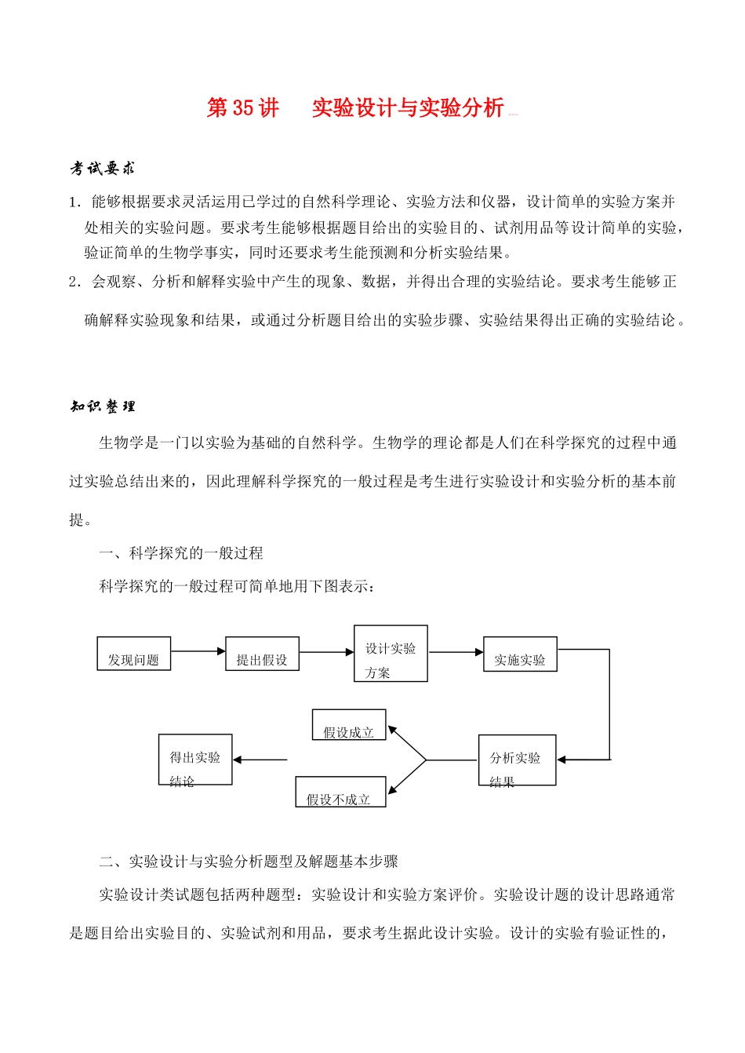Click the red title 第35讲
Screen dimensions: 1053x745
tap(242, 108)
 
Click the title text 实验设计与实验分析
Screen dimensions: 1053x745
tap(408, 108)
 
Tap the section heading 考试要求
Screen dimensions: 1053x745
tap(103, 168)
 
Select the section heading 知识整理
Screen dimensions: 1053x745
tap(103, 406)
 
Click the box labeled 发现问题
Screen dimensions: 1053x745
tap(133, 654)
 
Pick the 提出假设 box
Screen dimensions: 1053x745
tap(262, 654)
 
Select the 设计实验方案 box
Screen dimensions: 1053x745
tap(391, 654)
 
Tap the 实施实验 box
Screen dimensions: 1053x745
tap(520, 654)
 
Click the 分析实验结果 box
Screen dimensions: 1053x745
tap(517, 760)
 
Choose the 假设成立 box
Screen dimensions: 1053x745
tap(349, 725)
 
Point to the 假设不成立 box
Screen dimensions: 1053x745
tap(340, 792)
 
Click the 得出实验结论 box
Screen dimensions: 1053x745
tap(195, 760)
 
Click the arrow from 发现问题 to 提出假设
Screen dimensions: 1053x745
tap(198, 651)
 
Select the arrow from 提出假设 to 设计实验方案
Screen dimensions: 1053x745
tap(326, 652)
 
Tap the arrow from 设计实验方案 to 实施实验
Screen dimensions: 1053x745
tap(455, 652)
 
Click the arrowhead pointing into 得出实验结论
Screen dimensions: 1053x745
tap(238, 760)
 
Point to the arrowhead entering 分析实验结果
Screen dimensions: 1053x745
tap(562, 760)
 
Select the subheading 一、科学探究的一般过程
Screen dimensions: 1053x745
tap(181, 553)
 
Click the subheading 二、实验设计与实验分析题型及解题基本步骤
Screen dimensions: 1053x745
tap(249, 862)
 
